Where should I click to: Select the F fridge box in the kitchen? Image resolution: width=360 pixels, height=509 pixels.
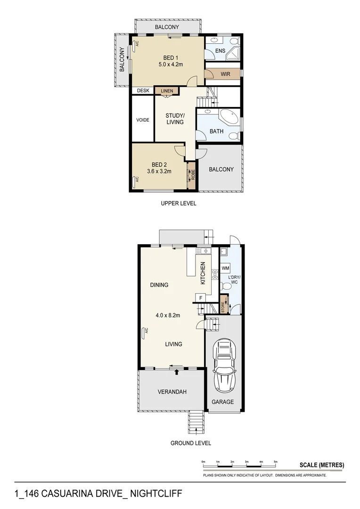[x=200, y=297]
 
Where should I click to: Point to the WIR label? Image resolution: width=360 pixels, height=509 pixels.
[x=225, y=74]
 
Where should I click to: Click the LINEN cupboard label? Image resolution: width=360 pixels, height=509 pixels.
[x=167, y=91]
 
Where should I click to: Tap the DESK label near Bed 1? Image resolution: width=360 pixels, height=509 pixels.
[x=143, y=91]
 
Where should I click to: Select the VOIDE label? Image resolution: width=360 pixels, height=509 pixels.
[x=143, y=120]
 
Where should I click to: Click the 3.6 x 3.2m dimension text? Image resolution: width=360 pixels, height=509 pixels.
[x=158, y=172]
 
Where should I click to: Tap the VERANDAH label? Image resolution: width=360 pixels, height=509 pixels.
[x=172, y=392]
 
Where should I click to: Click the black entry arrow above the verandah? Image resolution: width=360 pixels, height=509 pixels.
[x=177, y=372]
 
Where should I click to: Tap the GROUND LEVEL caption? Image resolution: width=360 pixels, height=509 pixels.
[x=190, y=443]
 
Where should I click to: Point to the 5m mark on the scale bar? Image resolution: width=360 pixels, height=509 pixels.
[x=276, y=461]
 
